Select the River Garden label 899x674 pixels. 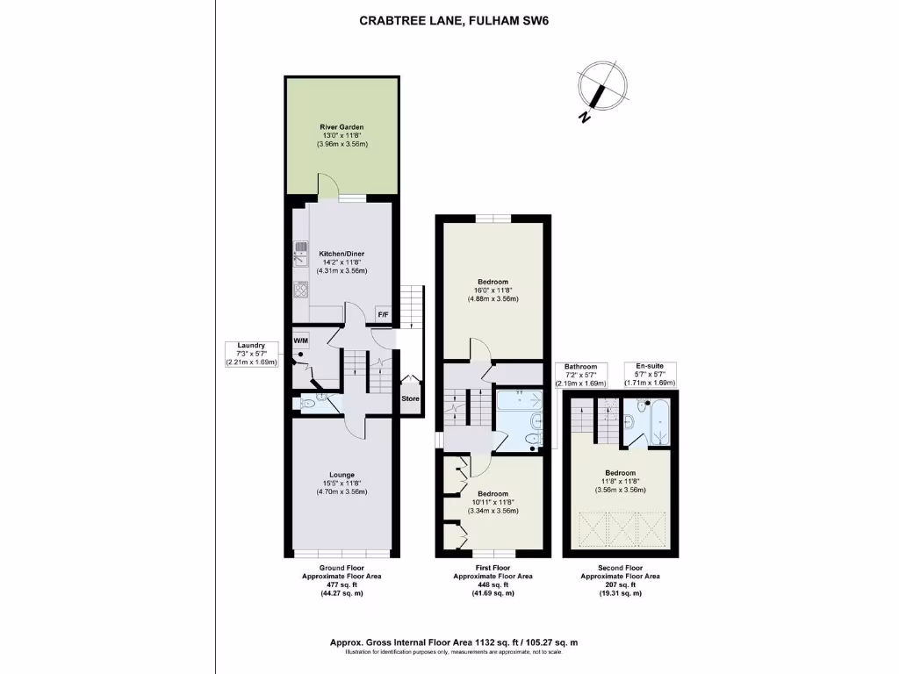pyautogui.click(x=342, y=135)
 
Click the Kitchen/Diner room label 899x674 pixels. pyautogui.click(x=342, y=262)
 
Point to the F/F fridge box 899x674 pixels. pyautogui.click(x=384, y=314)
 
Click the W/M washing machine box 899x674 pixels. pyautogui.click(x=301, y=340)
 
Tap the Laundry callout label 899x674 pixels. pyautogui.click(x=251, y=353)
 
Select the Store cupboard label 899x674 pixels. pyautogui.click(x=410, y=398)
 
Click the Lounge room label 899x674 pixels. pyautogui.click(x=342, y=483)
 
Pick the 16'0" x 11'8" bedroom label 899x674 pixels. pyautogui.click(x=493, y=290)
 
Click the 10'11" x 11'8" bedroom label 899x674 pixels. pyautogui.click(x=493, y=501)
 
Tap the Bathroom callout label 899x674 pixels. pyautogui.click(x=581, y=375)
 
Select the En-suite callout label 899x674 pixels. pyautogui.click(x=649, y=375)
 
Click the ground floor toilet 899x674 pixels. pyautogui.click(x=309, y=404)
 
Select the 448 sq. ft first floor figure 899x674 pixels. pyautogui.click(x=493, y=585)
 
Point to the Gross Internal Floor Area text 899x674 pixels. pyautogui.click(x=454, y=642)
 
